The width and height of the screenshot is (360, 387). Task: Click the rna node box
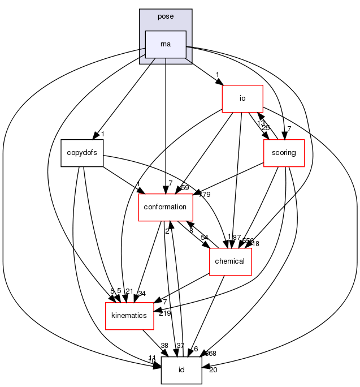166,44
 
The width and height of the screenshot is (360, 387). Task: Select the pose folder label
166,16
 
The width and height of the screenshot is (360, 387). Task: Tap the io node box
242,98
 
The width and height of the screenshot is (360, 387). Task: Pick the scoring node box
284,153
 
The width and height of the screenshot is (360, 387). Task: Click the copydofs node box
82,153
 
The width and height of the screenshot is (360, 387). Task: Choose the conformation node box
166,207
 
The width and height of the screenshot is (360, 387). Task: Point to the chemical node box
230,261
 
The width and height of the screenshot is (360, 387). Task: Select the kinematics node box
129,316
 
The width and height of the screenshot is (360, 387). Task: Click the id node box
181,370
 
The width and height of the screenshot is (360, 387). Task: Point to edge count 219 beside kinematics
165,313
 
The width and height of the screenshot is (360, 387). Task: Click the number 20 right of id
213,370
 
